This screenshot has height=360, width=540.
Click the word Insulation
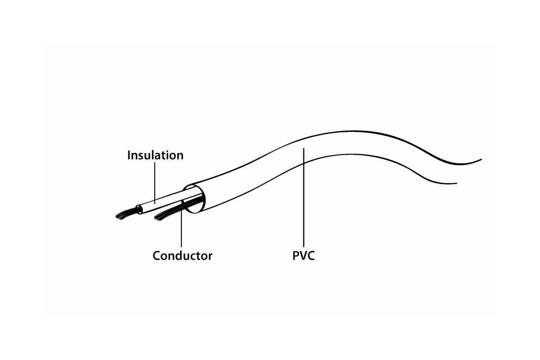[155, 155]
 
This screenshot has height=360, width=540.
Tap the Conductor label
[183, 256]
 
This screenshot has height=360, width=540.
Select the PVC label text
[303, 256]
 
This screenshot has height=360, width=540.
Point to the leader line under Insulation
[155, 183]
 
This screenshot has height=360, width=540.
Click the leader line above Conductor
[181, 224]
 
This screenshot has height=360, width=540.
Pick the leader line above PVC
[304, 198]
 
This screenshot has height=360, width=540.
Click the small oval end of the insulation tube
[139, 210]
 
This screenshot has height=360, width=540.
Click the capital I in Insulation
[129, 155]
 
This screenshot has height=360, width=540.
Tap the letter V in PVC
[303, 256]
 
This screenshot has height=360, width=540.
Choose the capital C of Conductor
[157, 256]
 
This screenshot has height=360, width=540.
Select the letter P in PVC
[296, 256]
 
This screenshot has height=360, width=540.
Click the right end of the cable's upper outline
[481, 159]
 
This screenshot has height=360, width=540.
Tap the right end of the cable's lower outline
[457, 184]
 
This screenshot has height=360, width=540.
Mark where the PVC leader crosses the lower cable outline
[304, 163]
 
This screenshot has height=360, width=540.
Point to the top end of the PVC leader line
[304, 148]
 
